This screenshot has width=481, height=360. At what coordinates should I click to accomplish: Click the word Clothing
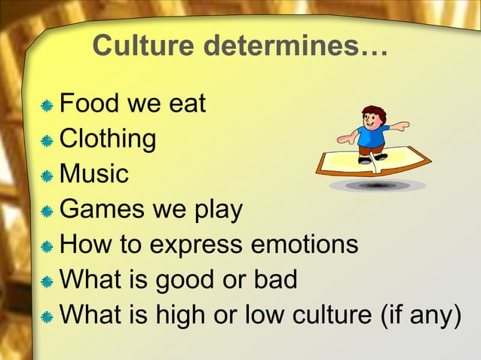pos(108,139)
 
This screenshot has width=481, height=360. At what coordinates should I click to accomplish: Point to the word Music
pos(94,174)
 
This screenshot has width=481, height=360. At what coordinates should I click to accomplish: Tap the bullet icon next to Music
pos(47,176)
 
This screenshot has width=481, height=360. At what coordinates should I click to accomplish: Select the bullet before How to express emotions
pos(47,246)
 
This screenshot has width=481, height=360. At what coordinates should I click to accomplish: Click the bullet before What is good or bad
pos(47,282)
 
